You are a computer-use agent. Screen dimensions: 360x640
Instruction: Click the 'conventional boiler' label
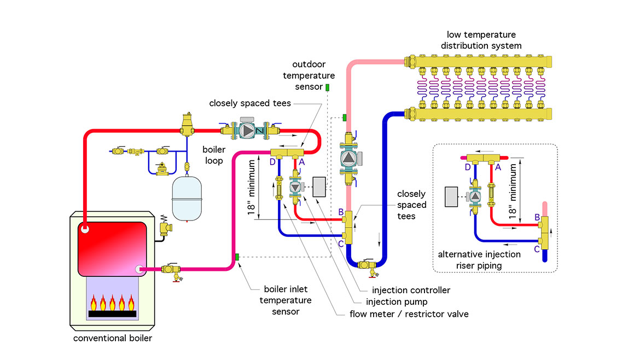(113, 338)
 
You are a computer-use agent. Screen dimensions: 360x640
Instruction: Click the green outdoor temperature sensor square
(327, 88)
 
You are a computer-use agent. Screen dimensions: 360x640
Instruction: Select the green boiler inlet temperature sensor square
(237, 257)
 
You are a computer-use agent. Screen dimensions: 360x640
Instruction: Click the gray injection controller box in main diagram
(319, 188)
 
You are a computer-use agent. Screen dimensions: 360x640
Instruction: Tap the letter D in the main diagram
(272, 161)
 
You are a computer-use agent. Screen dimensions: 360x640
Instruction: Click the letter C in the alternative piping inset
(537, 249)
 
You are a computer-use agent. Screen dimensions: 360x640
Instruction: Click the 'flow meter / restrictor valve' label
(409, 314)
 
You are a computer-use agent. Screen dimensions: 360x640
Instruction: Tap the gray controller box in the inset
(452, 196)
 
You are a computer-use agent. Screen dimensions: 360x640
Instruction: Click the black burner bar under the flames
(113, 314)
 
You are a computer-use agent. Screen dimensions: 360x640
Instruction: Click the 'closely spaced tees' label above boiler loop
(250, 103)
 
